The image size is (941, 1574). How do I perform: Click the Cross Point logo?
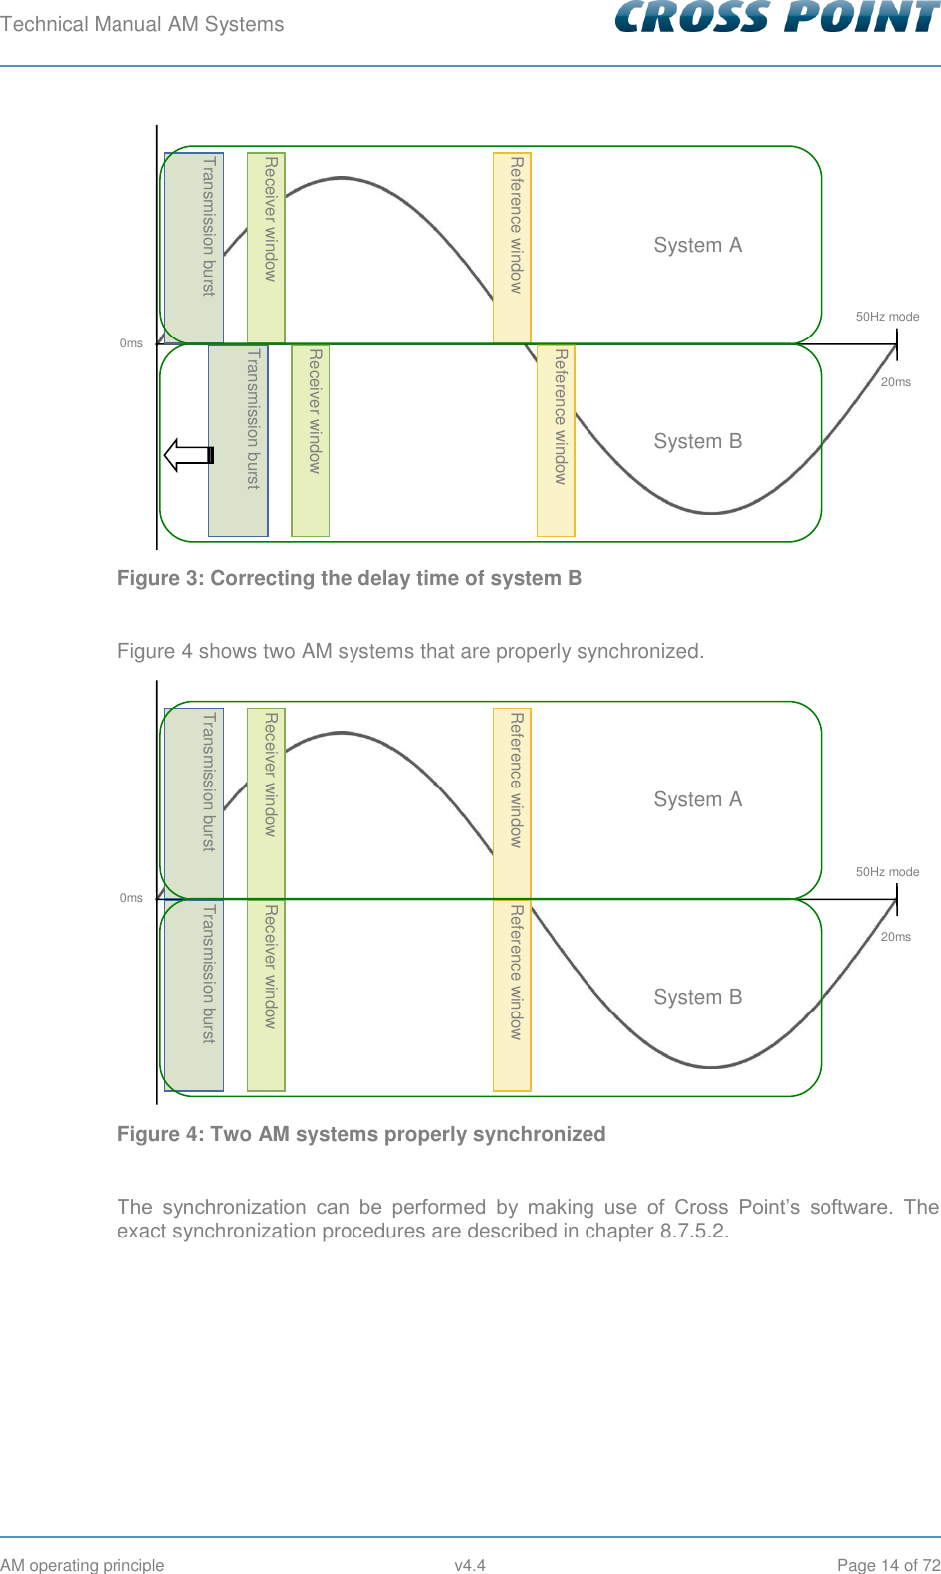(x=777, y=18)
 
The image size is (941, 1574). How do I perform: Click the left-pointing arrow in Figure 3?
(x=188, y=455)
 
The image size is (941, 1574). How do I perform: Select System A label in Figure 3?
(x=697, y=245)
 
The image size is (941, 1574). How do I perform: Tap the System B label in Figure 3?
(x=697, y=441)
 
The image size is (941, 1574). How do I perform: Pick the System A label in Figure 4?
(x=697, y=799)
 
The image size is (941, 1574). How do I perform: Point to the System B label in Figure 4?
(x=697, y=997)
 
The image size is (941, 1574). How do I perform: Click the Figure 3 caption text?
(x=349, y=578)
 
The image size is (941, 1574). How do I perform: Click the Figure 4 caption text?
(x=360, y=1134)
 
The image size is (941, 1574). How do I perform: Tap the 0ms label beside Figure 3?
(x=131, y=343)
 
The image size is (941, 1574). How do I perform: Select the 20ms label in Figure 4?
(x=895, y=937)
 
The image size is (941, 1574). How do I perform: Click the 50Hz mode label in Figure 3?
(x=887, y=317)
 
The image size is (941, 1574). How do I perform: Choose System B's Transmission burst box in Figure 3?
(x=238, y=440)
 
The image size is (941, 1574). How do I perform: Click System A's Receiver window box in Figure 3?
(x=266, y=247)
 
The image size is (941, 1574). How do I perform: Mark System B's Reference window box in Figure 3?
(x=556, y=440)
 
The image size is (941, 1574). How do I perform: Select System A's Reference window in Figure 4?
(x=512, y=802)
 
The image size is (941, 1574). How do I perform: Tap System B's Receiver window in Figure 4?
(x=266, y=996)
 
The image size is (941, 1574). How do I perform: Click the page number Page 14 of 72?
(x=888, y=1565)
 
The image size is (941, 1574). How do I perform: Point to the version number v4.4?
(x=469, y=1565)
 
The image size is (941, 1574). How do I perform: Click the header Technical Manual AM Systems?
(x=141, y=24)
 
